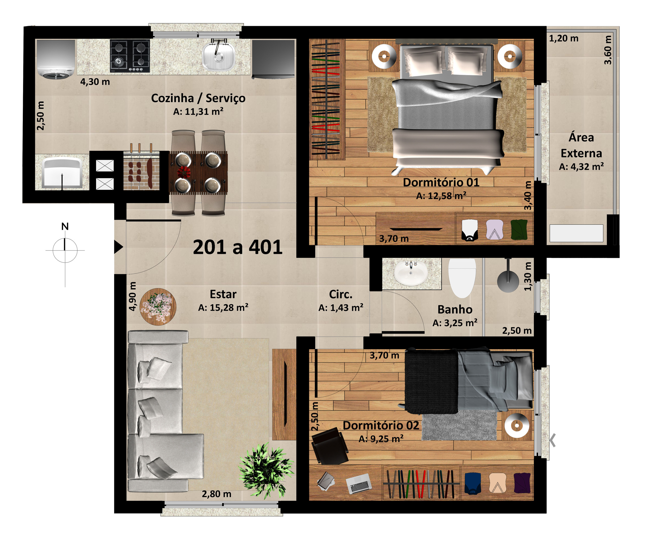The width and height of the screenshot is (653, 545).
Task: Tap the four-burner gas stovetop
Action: [x=130, y=56]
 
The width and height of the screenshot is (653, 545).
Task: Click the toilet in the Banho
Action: [x=462, y=278]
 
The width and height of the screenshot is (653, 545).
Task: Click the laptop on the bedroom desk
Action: [x=359, y=483]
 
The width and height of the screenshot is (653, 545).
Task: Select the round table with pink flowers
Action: [x=158, y=307]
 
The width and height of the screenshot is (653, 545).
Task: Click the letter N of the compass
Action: [x=65, y=227]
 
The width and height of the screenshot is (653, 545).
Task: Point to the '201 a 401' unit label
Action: [x=238, y=247]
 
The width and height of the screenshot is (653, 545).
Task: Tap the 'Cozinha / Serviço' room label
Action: [x=198, y=98]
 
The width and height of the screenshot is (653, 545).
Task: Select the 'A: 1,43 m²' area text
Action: [x=341, y=308]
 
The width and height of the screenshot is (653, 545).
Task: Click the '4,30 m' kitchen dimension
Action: [x=95, y=82]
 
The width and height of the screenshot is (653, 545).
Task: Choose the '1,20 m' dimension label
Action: [x=564, y=38]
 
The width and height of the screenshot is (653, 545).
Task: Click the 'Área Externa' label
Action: [x=581, y=145]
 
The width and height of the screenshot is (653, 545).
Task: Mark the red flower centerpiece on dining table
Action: [x=184, y=172]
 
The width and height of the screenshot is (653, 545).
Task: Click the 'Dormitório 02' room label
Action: [x=381, y=425]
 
